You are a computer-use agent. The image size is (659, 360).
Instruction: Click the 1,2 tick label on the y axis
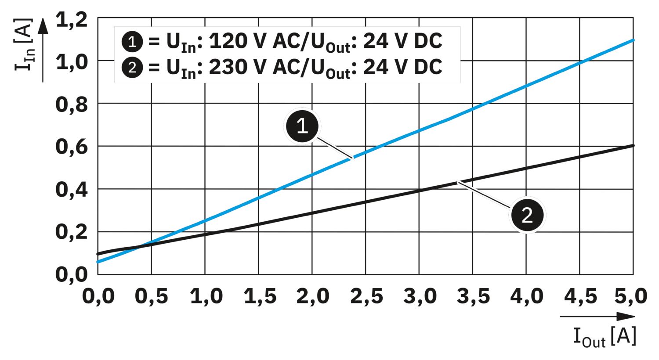click(72, 21)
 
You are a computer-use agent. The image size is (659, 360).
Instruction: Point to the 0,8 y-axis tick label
click(72, 105)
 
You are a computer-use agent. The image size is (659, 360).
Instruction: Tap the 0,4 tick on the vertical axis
click(72, 190)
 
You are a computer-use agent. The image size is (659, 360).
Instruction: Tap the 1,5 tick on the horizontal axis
click(260, 297)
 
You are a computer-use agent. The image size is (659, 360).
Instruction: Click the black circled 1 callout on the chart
click(302, 126)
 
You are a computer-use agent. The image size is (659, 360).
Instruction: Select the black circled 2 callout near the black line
click(527, 215)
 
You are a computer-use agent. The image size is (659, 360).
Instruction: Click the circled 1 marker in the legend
click(132, 42)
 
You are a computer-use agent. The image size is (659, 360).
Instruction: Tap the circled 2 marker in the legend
click(132, 68)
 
